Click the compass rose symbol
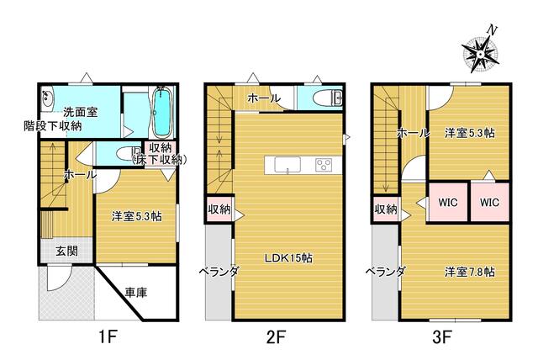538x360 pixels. (480, 55)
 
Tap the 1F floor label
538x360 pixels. (108, 336)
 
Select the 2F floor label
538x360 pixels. (276, 336)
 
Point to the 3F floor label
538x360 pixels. (441, 336)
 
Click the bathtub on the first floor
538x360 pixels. (161, 112)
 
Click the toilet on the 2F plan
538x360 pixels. (327, 98)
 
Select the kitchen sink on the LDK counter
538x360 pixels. (283, 165)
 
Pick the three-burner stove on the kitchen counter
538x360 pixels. (323, 165)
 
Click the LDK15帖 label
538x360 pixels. (288, 258)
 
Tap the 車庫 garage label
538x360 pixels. (136, 293)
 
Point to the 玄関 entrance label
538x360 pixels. (66, 251)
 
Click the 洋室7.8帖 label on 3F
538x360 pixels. (470, 273)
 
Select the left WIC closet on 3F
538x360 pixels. (448, 202)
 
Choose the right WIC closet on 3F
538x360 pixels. (489, 202)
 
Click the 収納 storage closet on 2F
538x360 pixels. (219, 209)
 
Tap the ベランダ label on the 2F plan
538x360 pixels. (219, 272)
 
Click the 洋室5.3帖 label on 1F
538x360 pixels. (136, 216)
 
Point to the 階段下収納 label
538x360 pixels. (52, 126)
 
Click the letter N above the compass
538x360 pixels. (493, 30)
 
